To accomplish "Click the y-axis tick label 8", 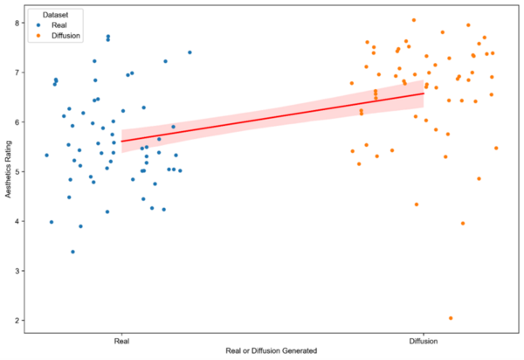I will pos(16,23).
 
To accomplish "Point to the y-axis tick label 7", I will pos(16,73).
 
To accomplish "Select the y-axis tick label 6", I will pos(16,122).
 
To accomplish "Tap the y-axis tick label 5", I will pos(16,172).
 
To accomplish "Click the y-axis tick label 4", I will pos(16,222).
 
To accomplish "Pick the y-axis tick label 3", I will pos(16,272).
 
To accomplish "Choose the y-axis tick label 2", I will pos(16,322).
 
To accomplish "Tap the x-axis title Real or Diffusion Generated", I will pos(272,350).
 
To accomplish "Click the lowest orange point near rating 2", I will pos(451,318).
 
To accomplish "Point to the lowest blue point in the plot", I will pos(72,252).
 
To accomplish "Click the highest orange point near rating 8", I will pos(414,20).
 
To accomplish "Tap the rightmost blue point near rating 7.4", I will pos(190,52).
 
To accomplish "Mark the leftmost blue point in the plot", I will pos(47,156).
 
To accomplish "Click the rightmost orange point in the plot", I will pos(496,148).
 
